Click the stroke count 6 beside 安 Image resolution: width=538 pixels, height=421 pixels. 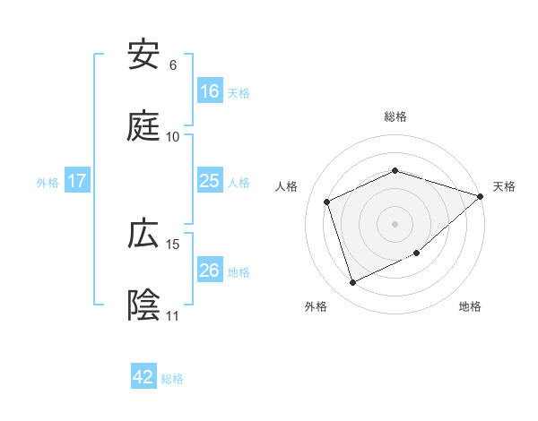pyautogui.click(x=172, y=65)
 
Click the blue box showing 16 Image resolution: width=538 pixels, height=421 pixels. pyautogui.click(x=210, y=91)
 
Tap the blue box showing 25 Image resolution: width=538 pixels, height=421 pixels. pyautogui.click(x=210, y=181)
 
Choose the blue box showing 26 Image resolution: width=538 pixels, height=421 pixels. pyautogui.click(x=210, y=271)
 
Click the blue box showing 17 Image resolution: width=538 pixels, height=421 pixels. pyautogui.click(x=77, y=181)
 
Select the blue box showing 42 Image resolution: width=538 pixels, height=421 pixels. pyautogui.click(x=143, y=377)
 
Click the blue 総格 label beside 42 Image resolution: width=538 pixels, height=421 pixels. pyautogui.click(x=173, y=379)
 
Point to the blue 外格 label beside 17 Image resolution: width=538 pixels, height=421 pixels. pyautogui.click(x=48, y=183)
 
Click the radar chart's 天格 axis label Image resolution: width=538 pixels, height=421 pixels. pyautogui.click(x=504, y=186)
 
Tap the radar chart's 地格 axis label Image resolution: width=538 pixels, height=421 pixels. pyautogui.click(x=470, y=307)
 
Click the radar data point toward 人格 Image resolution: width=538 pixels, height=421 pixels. pyautogui.click(x=327, y=202)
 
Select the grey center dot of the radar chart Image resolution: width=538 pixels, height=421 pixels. pyautogui.click(x=395, y=223)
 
